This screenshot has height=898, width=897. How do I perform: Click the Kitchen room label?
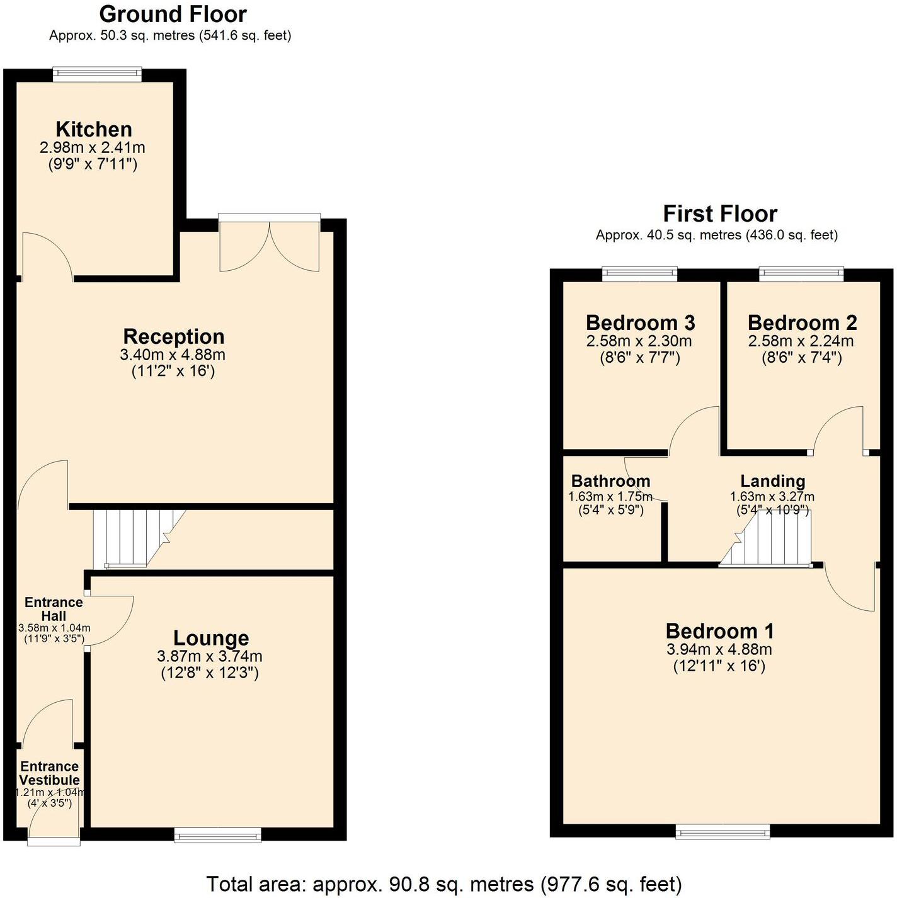pos(94,129)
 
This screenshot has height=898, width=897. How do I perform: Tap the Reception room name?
pos(173,336)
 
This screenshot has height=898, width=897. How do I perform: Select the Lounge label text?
pos(211,638)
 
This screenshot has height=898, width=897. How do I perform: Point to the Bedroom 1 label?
pos(719,631)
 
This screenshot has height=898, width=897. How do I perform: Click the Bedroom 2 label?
pos(802,322)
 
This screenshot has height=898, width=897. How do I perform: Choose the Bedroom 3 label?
pos(640,322)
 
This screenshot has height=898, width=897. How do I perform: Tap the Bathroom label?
pos(610,481)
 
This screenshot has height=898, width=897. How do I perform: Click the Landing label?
pos(772,481)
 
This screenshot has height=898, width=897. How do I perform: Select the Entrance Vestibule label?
pos(49,773)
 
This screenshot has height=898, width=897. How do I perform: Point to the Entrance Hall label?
pos(54,609)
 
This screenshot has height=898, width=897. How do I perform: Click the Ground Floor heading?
pos(173,14)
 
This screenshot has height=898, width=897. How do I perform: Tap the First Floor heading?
pos(720,214)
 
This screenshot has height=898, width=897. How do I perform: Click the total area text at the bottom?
pos(444,884)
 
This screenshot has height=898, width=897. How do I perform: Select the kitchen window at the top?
pos(97,75)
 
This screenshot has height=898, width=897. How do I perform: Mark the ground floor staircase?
pos(135,538)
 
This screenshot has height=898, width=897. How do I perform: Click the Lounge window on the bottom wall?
pos(217,834)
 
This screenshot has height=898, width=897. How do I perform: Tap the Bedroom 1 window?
pos(723,832)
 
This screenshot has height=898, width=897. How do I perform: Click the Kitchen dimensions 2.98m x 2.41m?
pos(93,148)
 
